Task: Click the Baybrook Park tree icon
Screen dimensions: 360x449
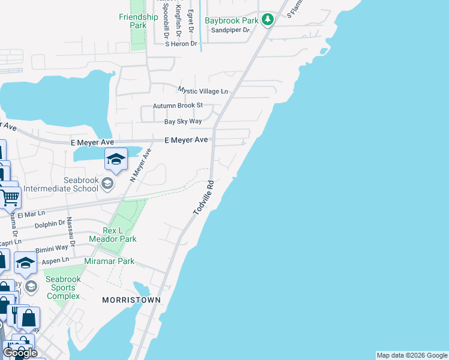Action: click(268, 20)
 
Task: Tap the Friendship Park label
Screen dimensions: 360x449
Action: click(138, 21)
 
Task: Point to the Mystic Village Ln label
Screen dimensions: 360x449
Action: click(203, 91)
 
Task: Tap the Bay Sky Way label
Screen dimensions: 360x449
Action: click(183, 121)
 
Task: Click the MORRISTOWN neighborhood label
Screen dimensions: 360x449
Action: click(131, 299)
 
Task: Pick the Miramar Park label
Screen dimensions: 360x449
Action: click(109, 261)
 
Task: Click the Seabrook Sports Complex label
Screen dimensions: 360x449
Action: click(63, 287)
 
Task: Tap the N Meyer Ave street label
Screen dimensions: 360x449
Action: click(139, 165)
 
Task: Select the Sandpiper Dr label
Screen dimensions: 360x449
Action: click(229, 30)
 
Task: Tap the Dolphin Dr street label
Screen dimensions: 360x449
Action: click(50, 224)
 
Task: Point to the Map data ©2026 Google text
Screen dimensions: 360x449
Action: click(412, 355)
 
